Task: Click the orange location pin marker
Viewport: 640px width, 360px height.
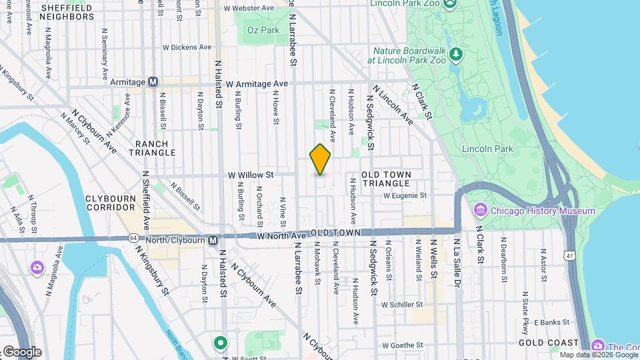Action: pyautogui.click(x=320, y=159)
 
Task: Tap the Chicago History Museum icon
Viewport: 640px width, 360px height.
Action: pyautogui.click(x=480, y=211)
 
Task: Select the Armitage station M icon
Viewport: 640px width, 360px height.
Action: pyautogui.click(x=153, y=82)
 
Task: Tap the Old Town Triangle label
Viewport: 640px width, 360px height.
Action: pyautogui.click(x=386, y=179)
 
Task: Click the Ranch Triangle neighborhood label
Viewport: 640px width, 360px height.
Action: pyautogui.click(x=155, y=148)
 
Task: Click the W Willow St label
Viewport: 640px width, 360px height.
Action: pyautogui.click(x=251, y=175)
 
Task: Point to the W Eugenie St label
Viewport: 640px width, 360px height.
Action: pyautogui.click(x=405, y=195)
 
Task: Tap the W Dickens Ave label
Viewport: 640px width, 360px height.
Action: pyautogui.click(x=187, y=47)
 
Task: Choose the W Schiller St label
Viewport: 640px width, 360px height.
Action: pyautogui.click(x=403, y=304)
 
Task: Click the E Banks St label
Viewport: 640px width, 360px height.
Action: pyautogui.click(x=549, y=321)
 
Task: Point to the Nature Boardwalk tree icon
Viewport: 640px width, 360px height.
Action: pyautogui.click(x=456, y=53)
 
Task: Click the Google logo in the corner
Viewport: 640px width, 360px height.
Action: pyautogui.click(x=22, y=352)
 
